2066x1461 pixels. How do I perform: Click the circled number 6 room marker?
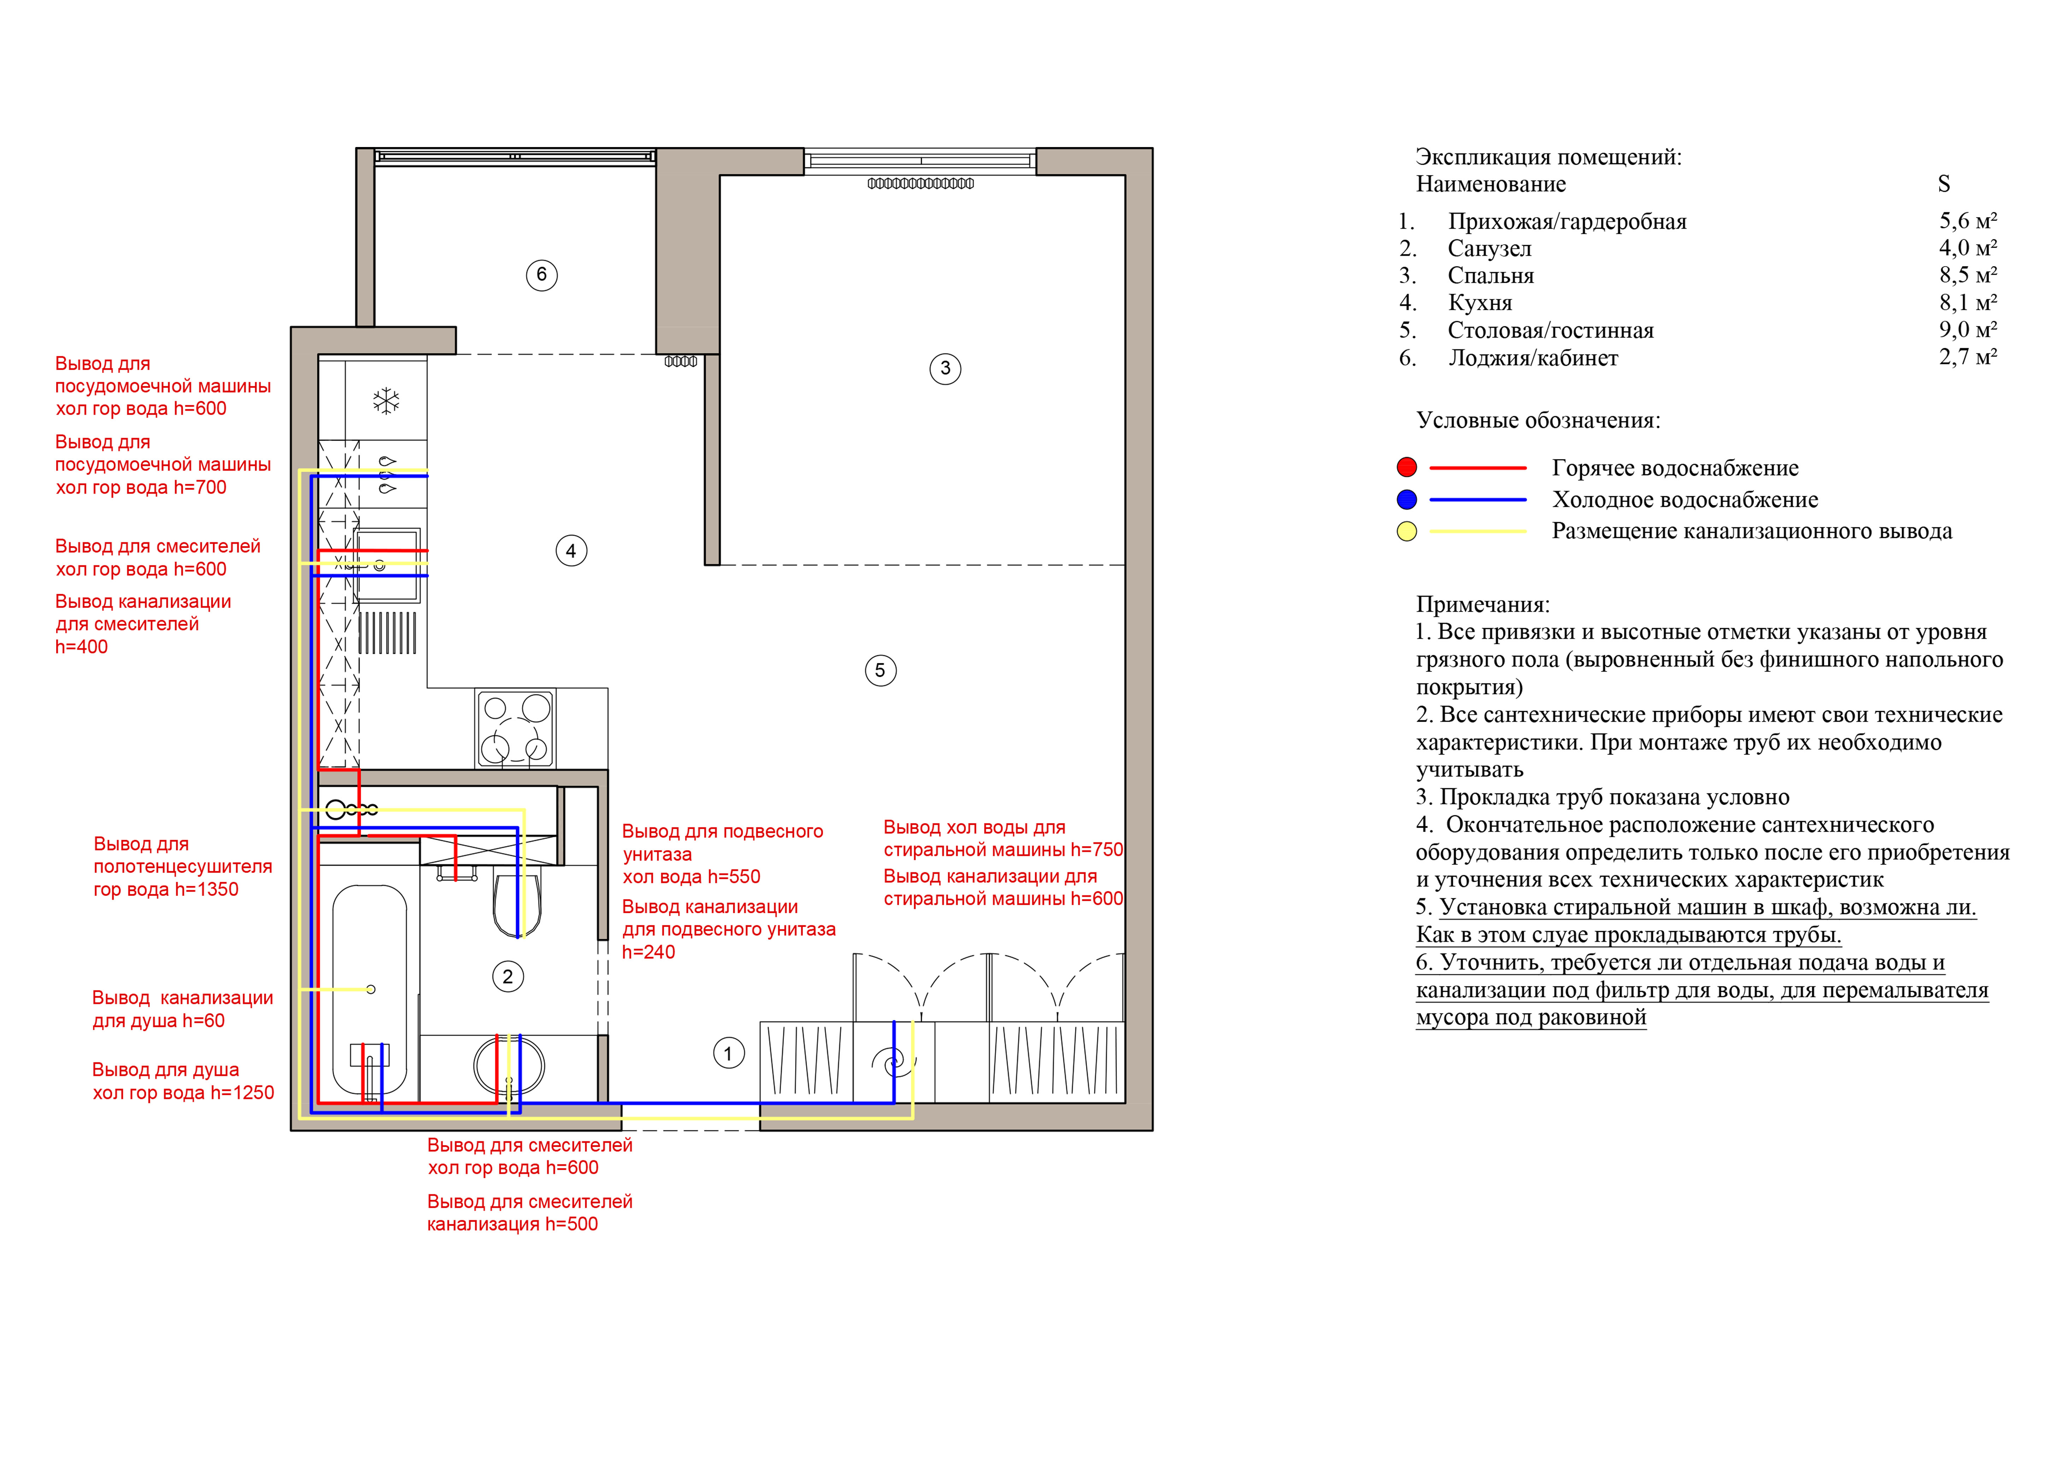(542, 274)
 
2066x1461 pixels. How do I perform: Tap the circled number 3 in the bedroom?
(945, 368)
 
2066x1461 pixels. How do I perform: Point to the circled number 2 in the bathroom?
(507, 977)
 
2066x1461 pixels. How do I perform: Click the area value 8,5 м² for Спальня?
(1968, 275)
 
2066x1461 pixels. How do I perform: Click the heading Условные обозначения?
(1538, 420)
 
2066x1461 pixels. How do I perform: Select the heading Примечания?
(1483, 605)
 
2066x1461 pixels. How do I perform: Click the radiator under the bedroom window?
(921, 183)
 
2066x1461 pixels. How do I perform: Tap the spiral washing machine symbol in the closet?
(893, 1062)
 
